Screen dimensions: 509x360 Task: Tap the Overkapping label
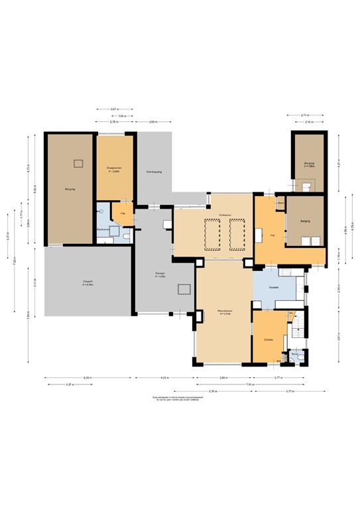[x=154, y=172]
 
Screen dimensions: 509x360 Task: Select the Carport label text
[x=87, y=282]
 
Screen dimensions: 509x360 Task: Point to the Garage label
[x=160, y=273]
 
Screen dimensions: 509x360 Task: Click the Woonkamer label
[x=223, y=311]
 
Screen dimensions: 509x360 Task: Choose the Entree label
[x=269, y=339]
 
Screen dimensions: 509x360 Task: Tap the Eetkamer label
[x=224, y=215]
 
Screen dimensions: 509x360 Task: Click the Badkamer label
[x=103, y=229]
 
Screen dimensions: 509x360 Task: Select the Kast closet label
[x=280, y=202]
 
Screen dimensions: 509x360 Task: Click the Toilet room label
[x=294, y=354]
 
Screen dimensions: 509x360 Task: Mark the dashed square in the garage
[x=184, y=289]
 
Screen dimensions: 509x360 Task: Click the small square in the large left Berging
[x=78, y=163]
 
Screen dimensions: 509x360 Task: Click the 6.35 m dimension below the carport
[x=87, y=378]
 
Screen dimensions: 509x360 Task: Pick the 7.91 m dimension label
[x=250, y=384]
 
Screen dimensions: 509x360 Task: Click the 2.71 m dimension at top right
[x=304, y=115]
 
